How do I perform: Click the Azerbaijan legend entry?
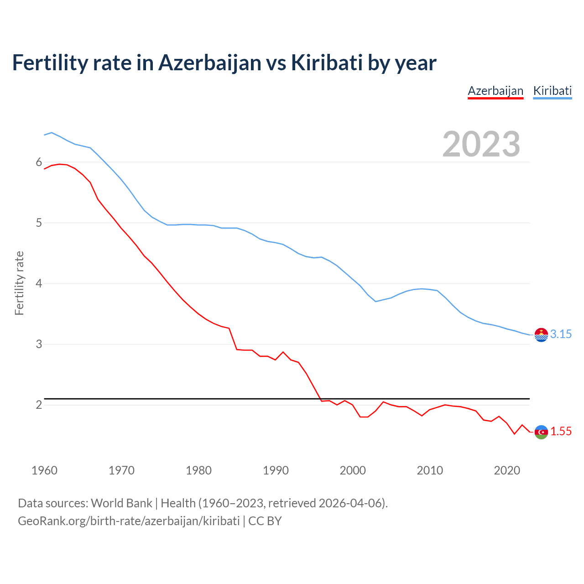pos(495,91)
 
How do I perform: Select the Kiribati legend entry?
pos(552,91)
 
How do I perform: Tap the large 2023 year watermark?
pos(481,144)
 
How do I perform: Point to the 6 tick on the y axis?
pos(39,162)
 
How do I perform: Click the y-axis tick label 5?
pos(39,223)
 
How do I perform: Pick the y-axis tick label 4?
pos(39,284)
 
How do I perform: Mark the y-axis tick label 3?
pos(39,344)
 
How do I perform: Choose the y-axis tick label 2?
pos(39,405)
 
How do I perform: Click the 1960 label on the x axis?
pos(44,470)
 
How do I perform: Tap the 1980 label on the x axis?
pos(198,470)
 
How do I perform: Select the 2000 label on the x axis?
pos(353,470)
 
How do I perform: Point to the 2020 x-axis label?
pos(507,470)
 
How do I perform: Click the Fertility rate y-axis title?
pos(19,283)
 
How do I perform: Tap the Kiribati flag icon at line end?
pos(541,335)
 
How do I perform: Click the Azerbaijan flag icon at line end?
pos(541,432)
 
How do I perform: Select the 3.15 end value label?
pos(561,334)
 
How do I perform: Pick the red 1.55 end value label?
pos(561,432)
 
